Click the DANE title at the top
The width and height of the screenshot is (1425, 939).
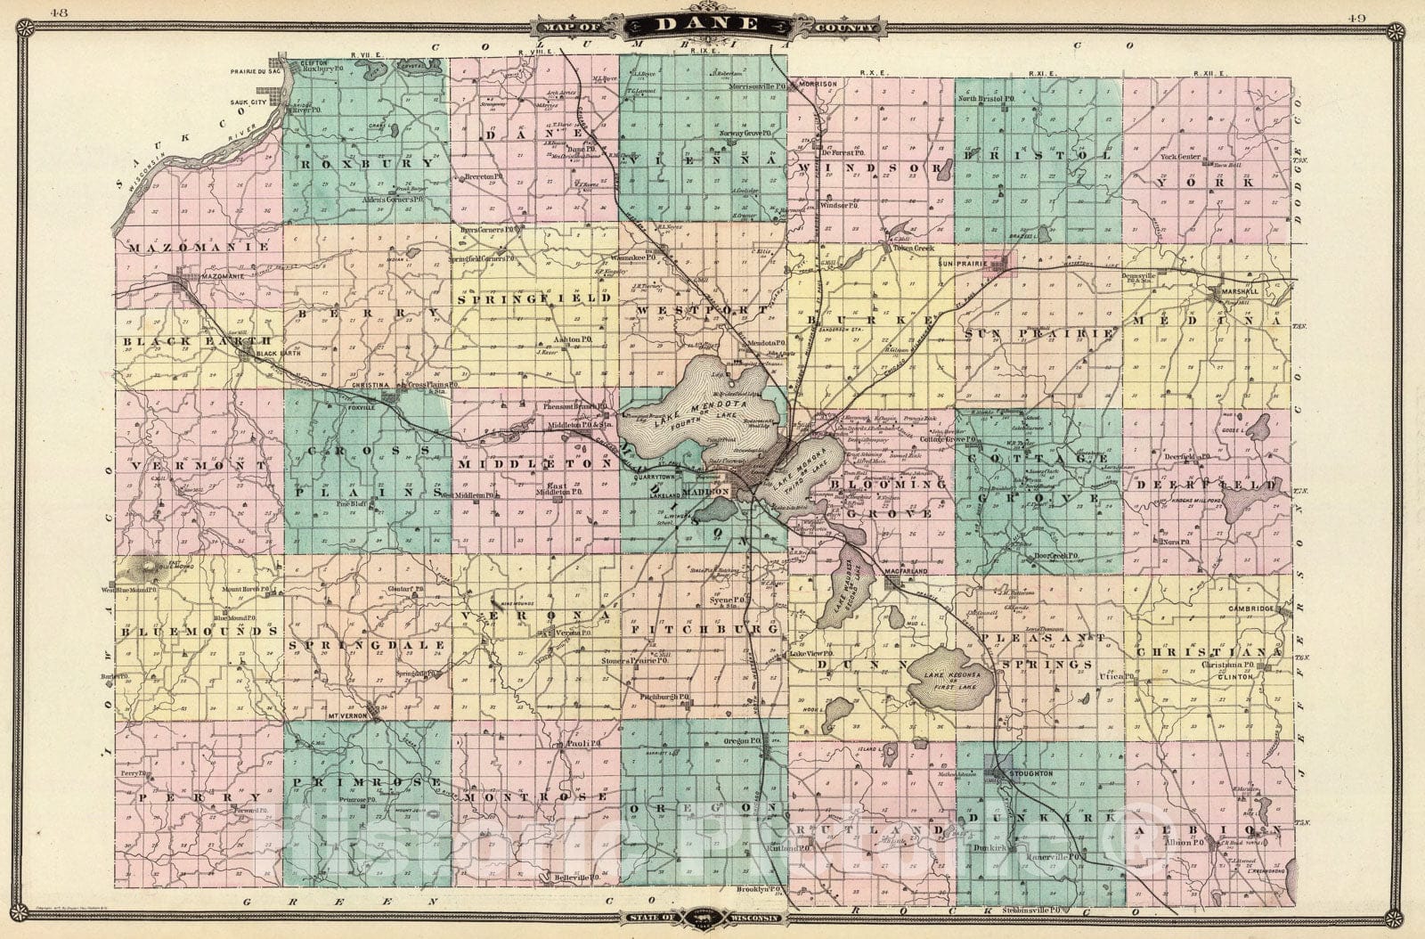(709, 26)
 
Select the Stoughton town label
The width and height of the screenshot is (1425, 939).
(1031, 774)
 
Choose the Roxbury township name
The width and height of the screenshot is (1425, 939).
(367, 164)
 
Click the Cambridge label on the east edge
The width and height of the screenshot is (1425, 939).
(1258, 609)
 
